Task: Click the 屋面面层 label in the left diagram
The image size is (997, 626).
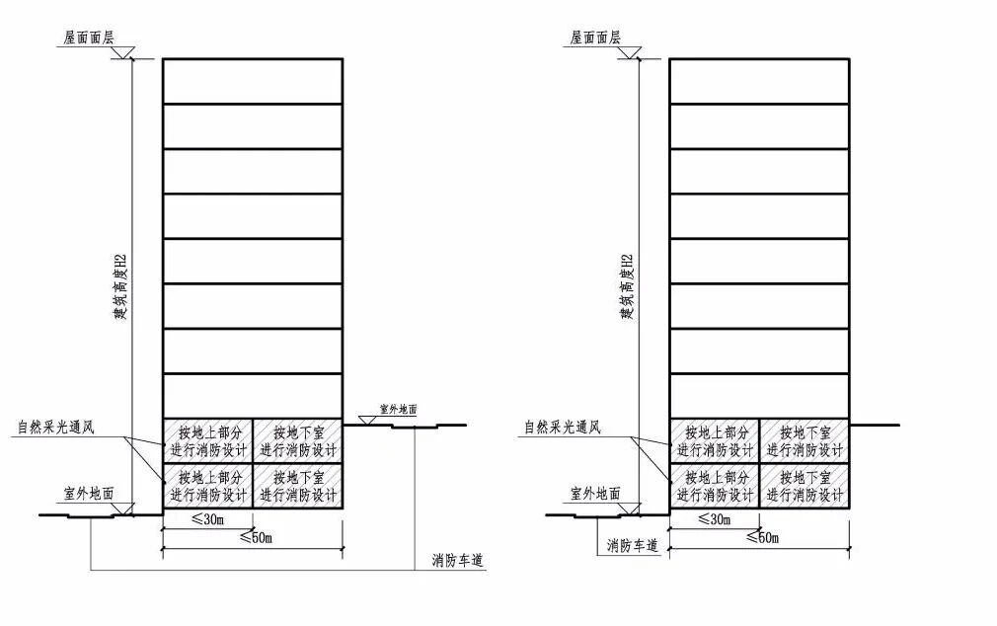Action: coord(89,38)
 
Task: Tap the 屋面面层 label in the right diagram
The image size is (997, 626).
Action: coord(595,38)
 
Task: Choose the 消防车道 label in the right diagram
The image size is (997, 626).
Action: coord(632,544)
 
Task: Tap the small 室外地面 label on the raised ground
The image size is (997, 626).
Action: coord(399,407)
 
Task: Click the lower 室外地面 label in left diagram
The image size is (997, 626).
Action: coord(88,493)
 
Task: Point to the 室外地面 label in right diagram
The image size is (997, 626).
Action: coord(595,493)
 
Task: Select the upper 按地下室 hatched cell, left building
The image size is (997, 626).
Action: coord(298,440)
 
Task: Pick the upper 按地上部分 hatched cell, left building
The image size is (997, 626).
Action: coord(207,440)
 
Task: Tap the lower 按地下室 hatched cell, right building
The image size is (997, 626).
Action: coord(805,486)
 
